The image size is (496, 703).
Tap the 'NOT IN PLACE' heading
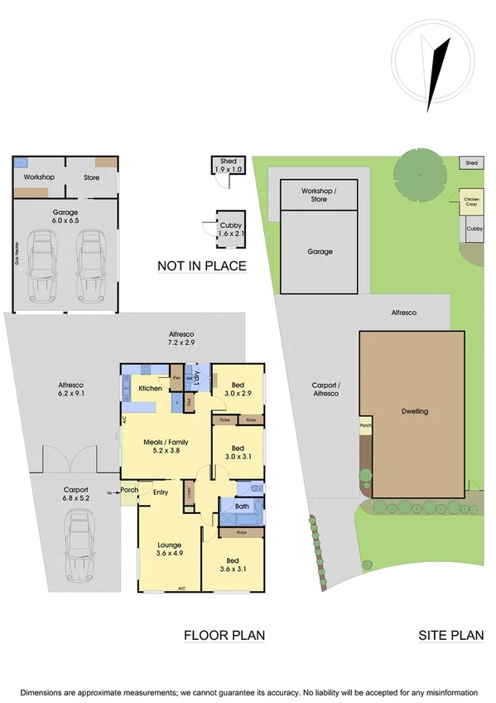[202, 266]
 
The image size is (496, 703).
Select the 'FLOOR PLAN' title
[224, 636]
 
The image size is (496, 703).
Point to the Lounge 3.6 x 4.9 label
[169, 548]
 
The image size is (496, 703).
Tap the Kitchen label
[150, 388]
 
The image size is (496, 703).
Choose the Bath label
[242, 506]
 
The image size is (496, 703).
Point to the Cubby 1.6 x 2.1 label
[231, 230]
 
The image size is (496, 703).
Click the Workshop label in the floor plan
[39, 177]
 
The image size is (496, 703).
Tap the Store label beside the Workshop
[91, 177]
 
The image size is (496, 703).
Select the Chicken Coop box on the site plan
[471, 201]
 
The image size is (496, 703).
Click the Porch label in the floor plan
[129, 489]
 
